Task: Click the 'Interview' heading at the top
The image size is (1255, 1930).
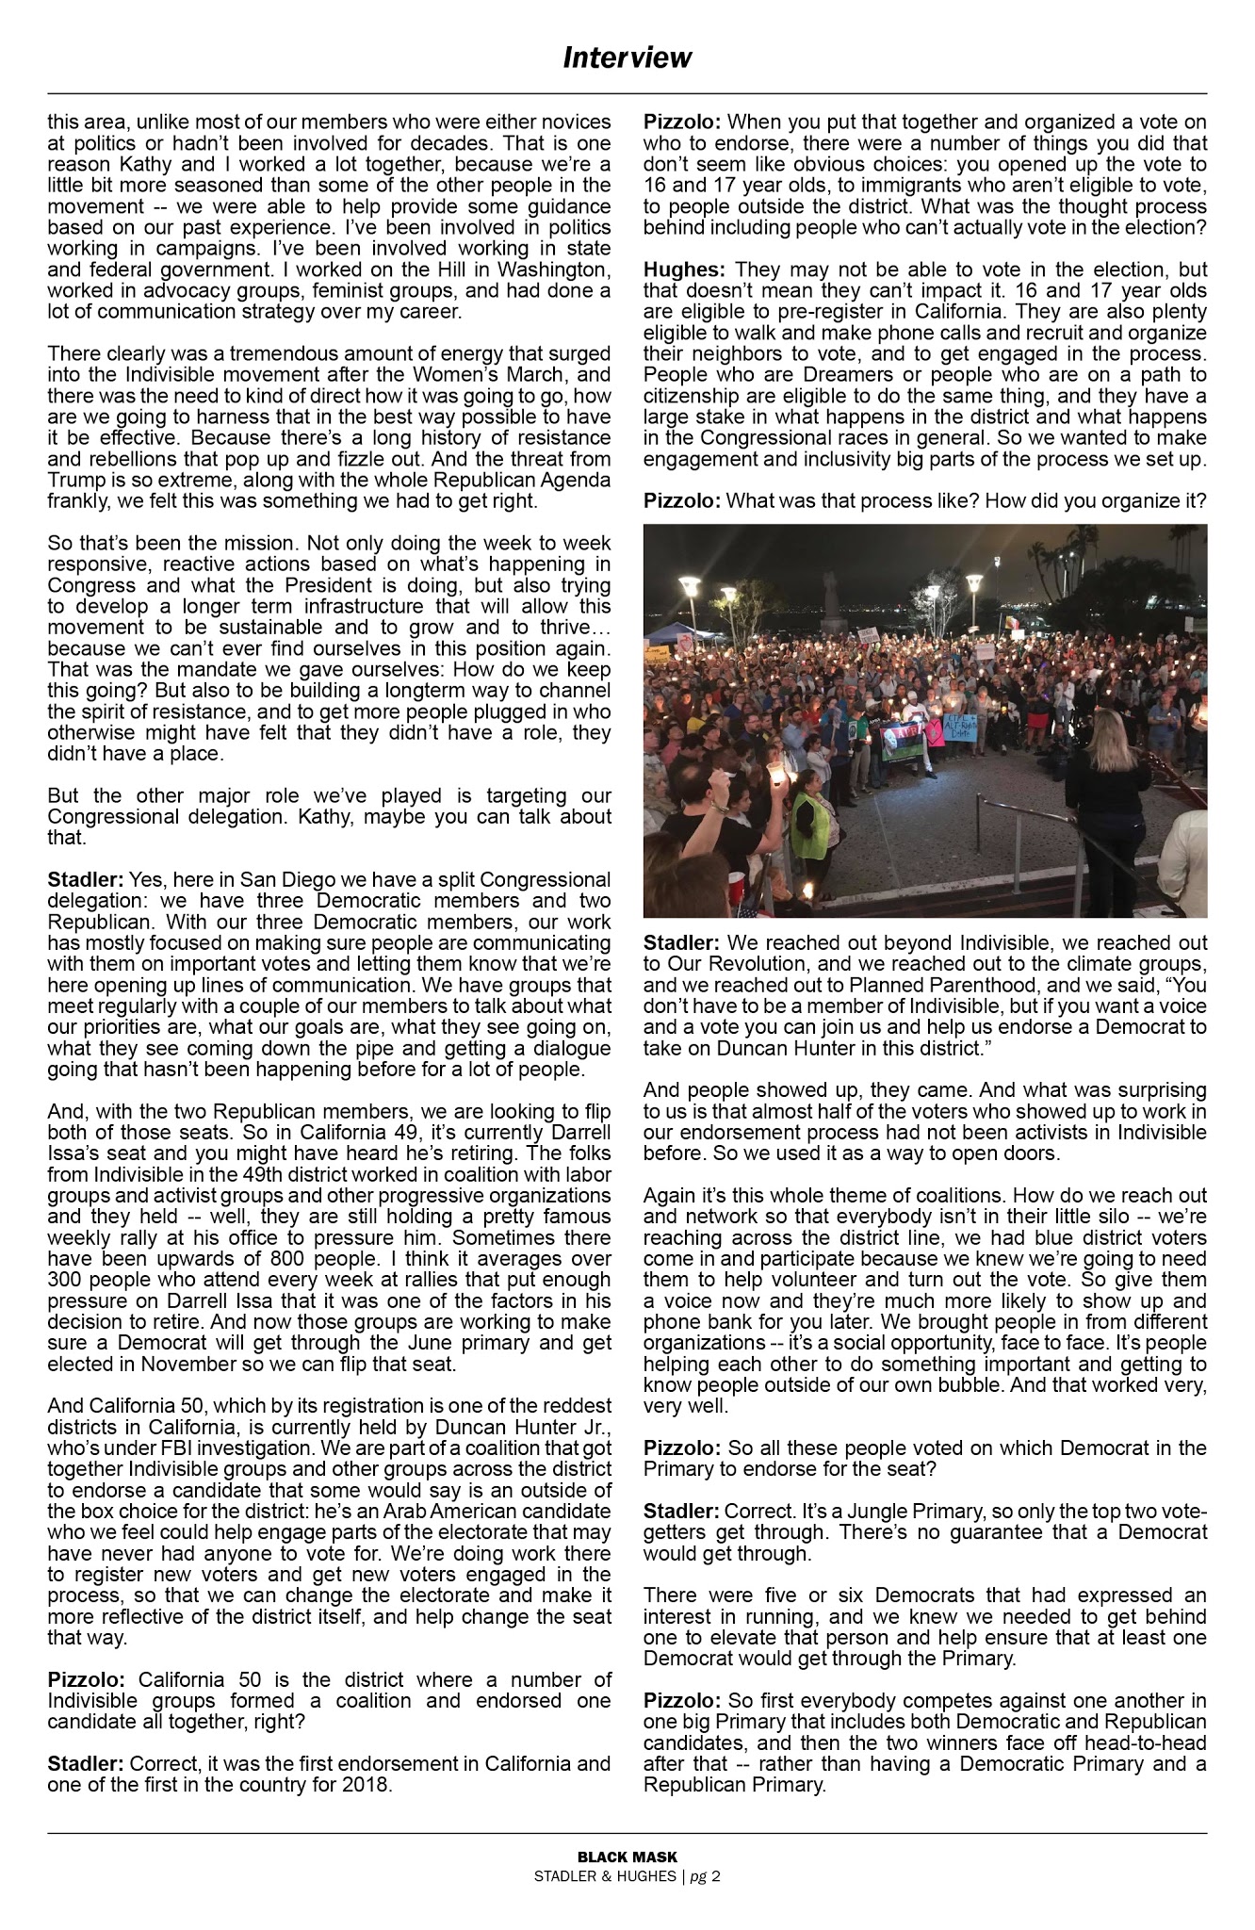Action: pos(627,58)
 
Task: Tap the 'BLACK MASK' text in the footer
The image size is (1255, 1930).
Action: pos(627,1856)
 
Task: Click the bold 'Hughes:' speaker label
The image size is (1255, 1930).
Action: pos(673,270)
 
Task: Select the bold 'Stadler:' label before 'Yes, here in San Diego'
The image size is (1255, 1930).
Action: pos(86,880)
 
